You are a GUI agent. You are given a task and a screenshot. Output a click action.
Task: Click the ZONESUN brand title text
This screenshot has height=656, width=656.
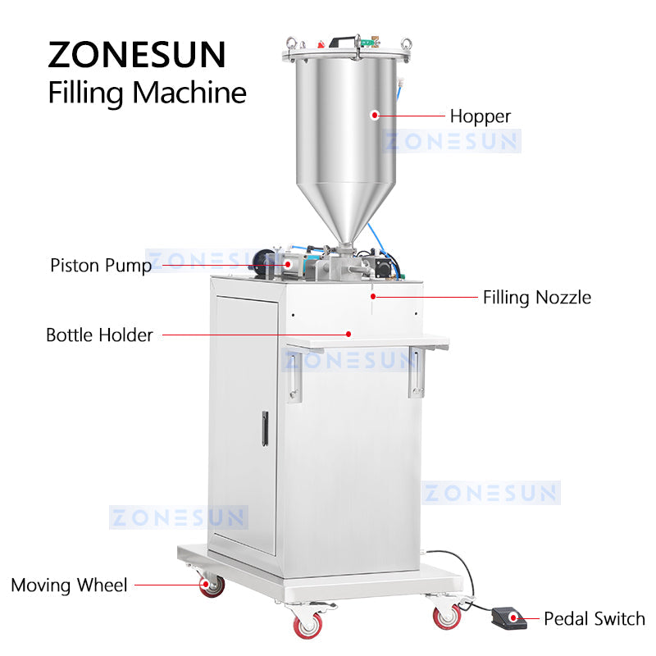136,54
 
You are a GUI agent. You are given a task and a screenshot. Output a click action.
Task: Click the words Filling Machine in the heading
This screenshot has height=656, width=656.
147,92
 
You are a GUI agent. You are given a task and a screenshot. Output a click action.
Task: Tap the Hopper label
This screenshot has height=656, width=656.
480,116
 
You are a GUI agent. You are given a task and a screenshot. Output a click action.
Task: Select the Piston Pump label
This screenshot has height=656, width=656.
100,266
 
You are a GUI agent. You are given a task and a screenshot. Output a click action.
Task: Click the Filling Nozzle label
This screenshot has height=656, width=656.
536,297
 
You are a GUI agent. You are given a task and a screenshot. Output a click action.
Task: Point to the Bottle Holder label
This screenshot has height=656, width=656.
99,335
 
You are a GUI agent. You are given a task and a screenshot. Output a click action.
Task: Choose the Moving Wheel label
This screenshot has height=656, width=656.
69,585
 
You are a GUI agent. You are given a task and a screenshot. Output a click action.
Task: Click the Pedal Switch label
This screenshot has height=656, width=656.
594,619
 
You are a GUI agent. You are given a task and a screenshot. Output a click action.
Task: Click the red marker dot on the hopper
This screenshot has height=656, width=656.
375,116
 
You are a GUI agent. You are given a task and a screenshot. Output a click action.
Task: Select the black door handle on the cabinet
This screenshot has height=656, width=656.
265,428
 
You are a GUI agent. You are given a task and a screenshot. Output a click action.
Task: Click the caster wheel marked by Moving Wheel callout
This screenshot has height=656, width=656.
213,585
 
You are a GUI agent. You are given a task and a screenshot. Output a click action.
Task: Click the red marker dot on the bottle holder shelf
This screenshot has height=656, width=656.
348,334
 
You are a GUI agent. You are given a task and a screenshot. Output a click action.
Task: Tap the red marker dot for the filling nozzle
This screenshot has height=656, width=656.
373,296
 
